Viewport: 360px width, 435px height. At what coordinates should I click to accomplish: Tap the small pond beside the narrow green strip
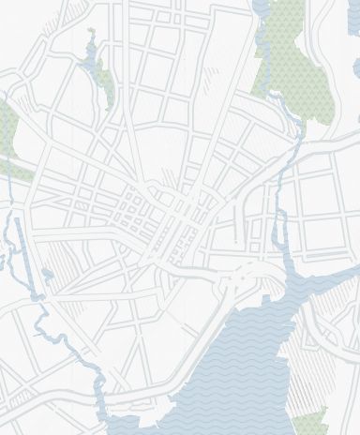pyautogui.click(x=91, y=67)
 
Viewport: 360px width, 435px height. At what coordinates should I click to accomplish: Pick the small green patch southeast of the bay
pyautogui.click(x=312, y=421)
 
